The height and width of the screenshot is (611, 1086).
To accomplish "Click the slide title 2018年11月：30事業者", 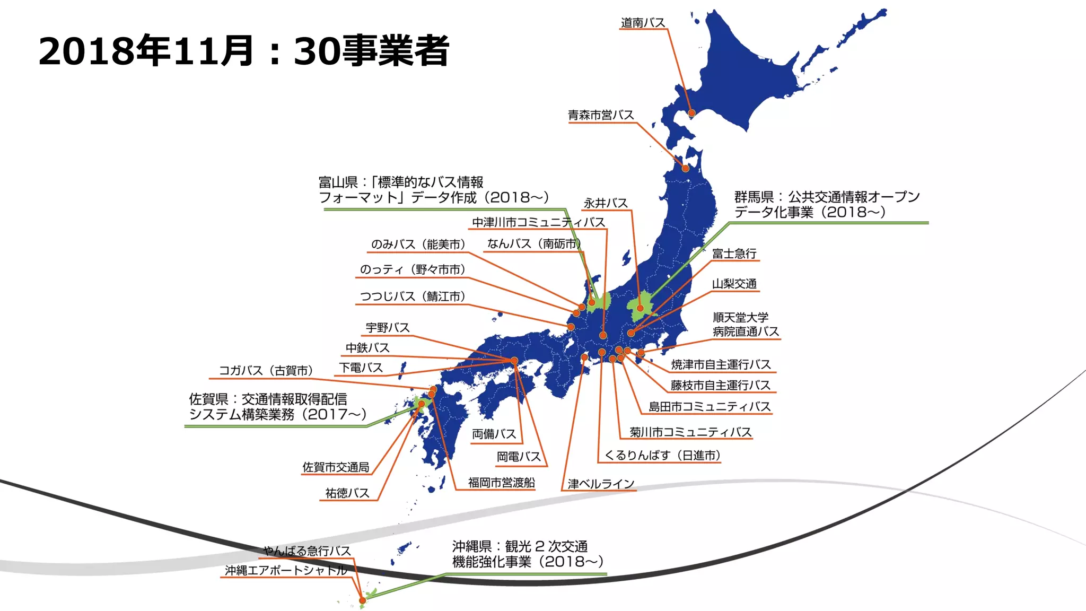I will coord(244,51).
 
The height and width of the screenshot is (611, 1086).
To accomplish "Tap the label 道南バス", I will coord(643,23).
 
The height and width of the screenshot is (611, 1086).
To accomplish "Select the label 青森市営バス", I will coord(601,115).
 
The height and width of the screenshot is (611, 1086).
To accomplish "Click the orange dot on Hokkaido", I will coord(691,113).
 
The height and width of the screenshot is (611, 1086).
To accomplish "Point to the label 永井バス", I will coord(606,203).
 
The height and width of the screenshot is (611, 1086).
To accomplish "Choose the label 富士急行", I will coord(734,254).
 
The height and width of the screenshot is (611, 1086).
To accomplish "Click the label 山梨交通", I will coord(734,284).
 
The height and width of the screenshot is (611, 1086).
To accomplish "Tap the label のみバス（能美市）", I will coord(418,244).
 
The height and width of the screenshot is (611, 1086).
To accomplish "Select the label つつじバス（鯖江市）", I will coord(413,296).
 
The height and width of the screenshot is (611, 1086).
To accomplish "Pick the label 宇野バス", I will coord(388,328).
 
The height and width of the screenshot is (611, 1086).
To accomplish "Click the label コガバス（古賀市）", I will coord(266,370).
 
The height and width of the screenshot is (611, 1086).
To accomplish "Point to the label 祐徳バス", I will coord(347,493).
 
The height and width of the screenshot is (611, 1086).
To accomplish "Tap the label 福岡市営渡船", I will coord(501,483).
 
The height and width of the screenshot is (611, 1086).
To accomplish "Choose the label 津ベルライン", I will coord(601,484).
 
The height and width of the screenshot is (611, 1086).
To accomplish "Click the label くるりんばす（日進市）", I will coord(662,455).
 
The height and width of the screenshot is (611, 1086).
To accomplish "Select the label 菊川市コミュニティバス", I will coord(690,432).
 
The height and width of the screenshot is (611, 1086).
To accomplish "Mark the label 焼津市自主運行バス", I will coord(721,364).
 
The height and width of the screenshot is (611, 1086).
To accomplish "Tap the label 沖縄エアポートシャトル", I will coord(286,570).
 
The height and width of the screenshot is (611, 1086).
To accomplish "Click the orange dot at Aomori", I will coord(686,168).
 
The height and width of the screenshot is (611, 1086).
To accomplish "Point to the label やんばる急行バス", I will coord(307,551).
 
